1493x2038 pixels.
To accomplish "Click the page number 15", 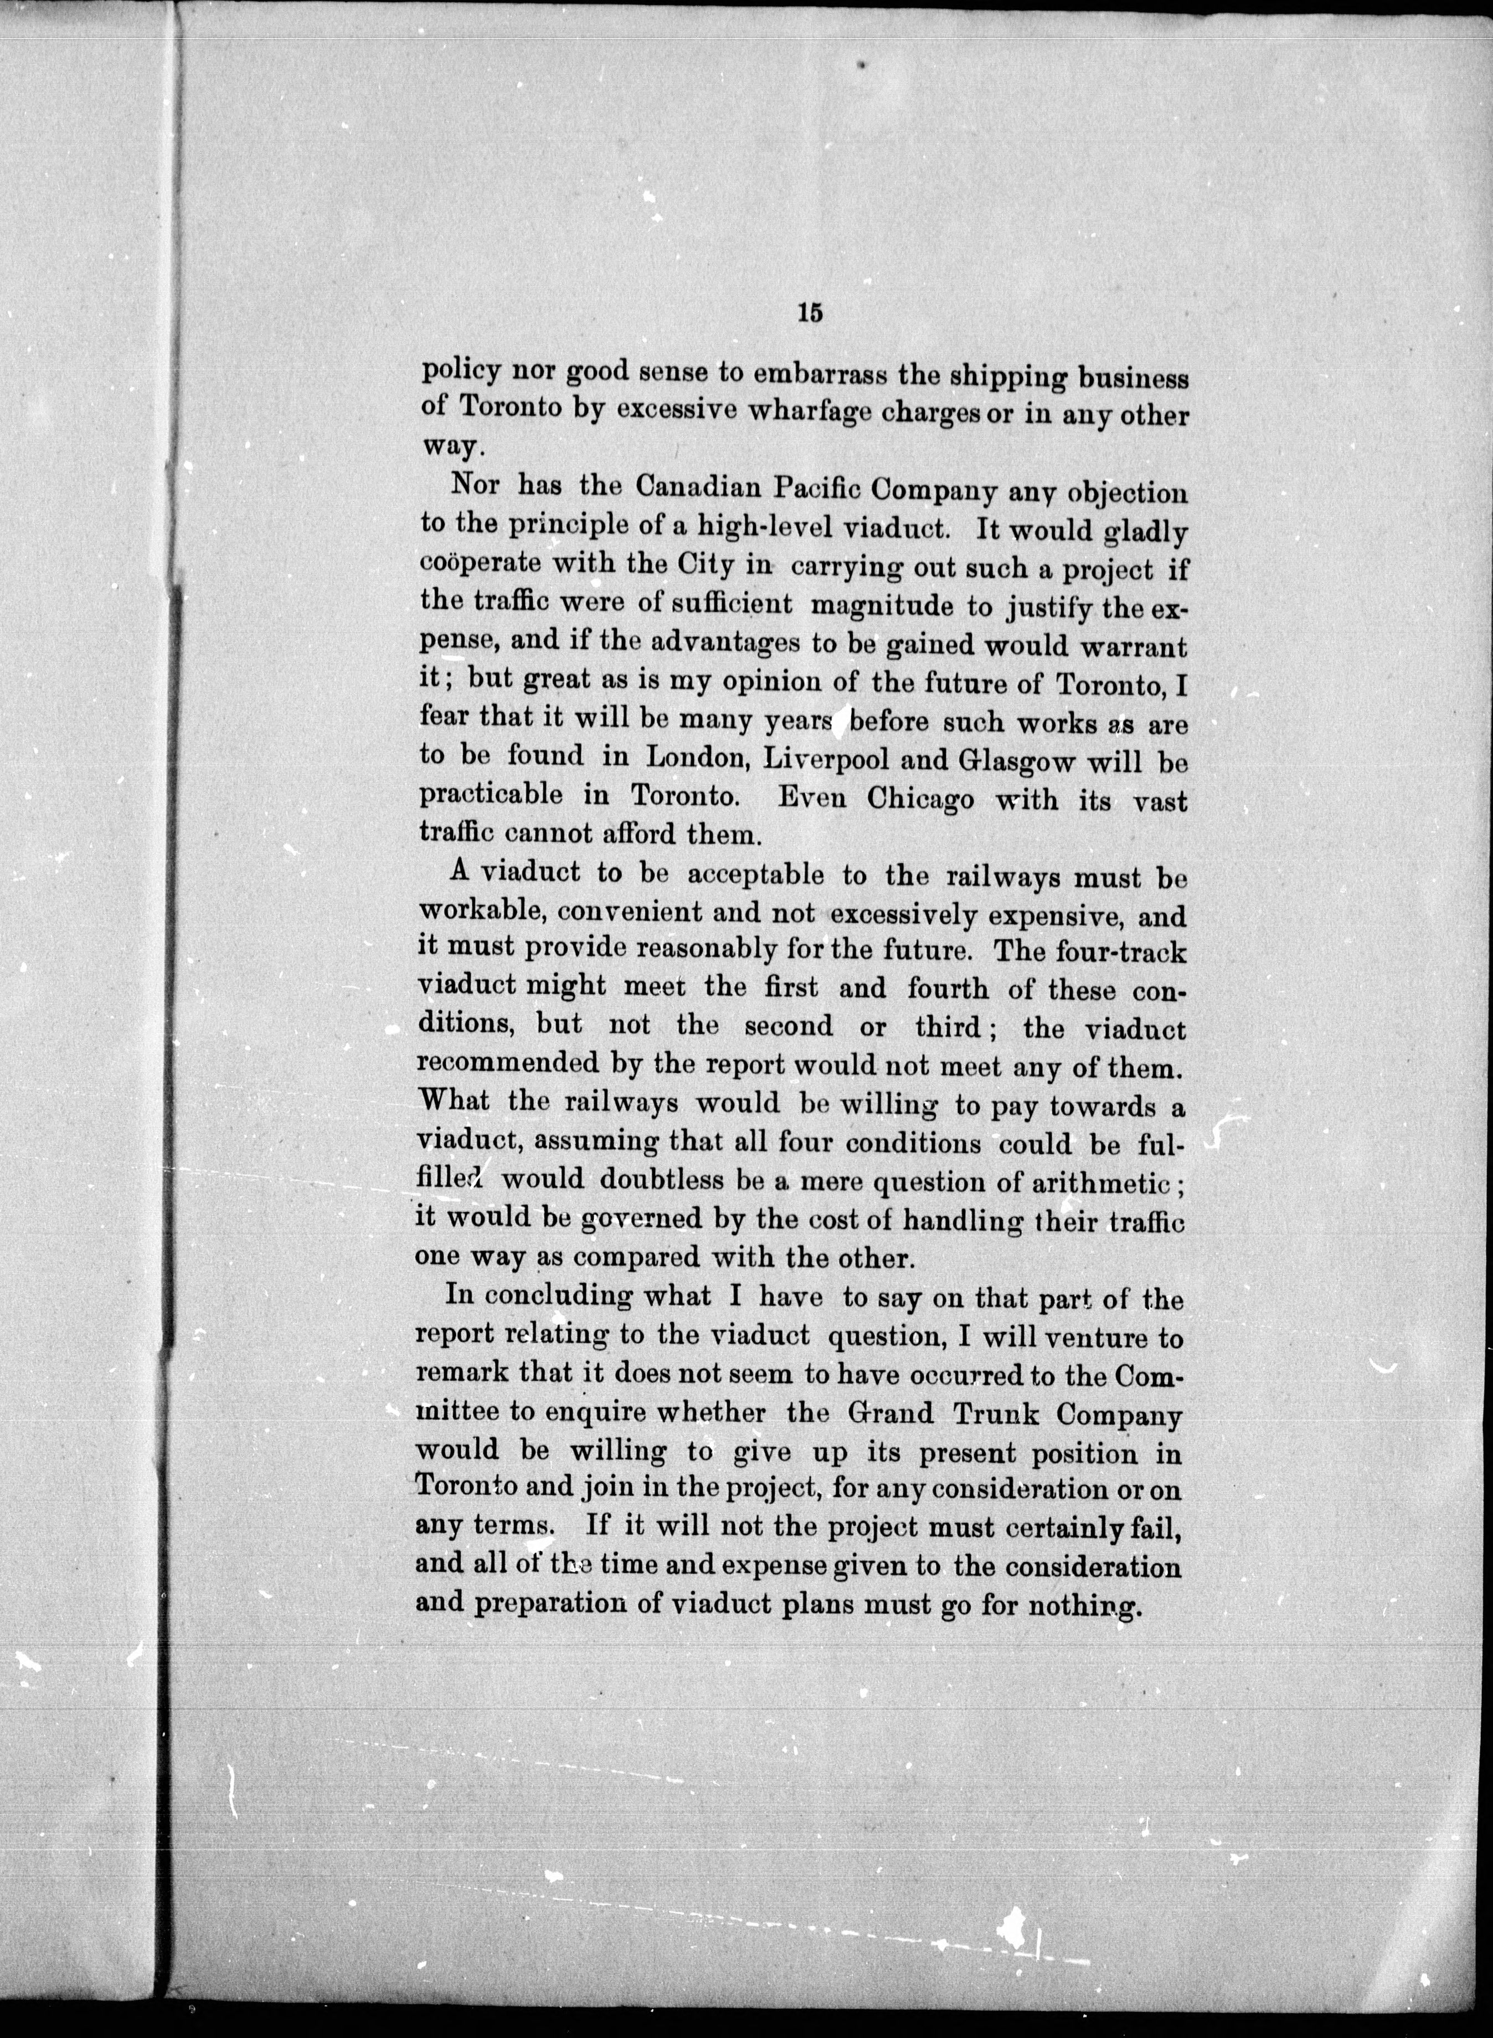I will coord(809,313).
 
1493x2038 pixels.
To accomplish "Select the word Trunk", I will coord(990,1413).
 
